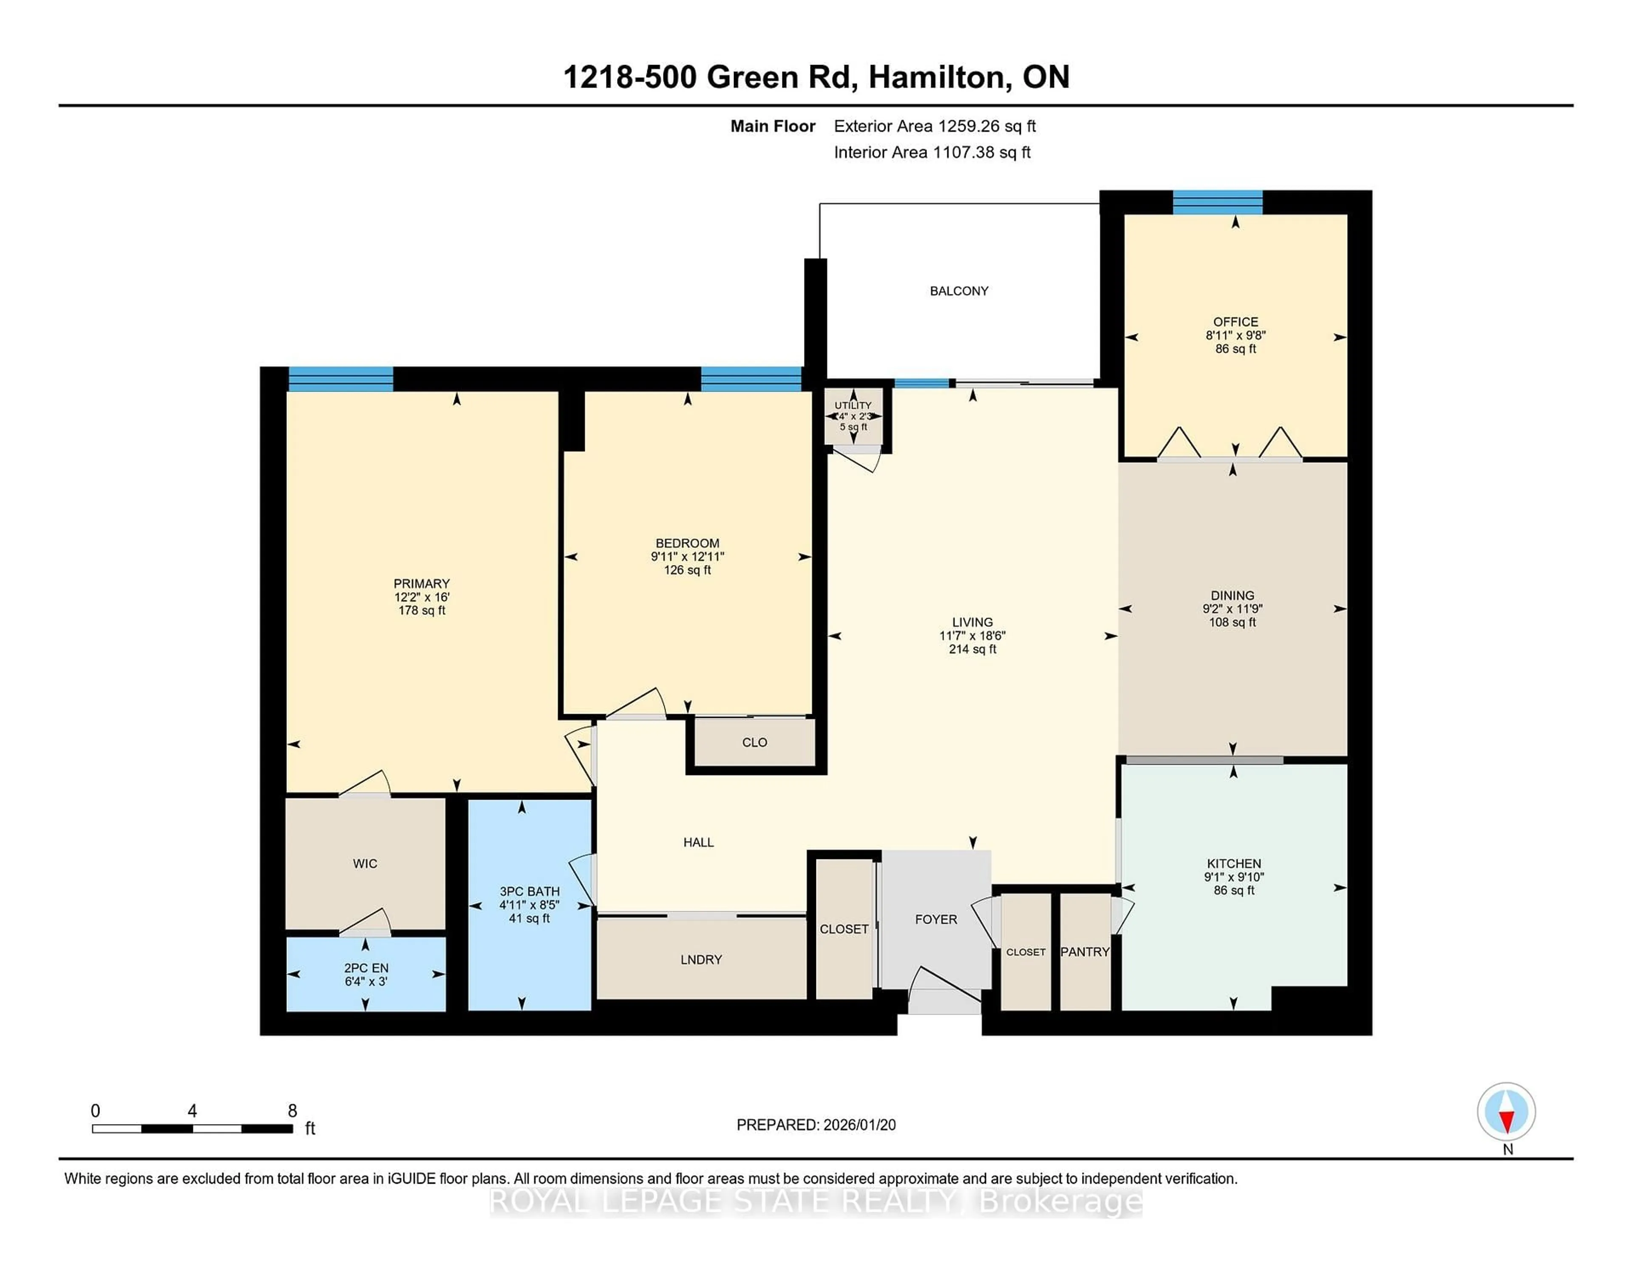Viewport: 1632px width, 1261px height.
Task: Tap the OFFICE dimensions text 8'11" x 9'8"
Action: pyautogui.click(x=1235, y=335)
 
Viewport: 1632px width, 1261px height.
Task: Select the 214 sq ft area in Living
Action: pyautogui.click(x=972, y=649)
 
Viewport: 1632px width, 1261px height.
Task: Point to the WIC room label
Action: pyautogui.click(x=365, y=864)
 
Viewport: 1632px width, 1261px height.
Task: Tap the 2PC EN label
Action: pyautogui.click(x=366, y=967)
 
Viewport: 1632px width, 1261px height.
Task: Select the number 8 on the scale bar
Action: pyautogui.click(x=292, y=1111)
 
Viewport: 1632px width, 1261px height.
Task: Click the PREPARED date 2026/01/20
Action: pyautogui.click(x=858, y=1125)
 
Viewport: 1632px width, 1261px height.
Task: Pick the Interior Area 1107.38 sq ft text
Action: pyautogui.click(x=932, y=153)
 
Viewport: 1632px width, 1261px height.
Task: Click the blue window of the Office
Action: pyautogui.click(x=1217, y=202)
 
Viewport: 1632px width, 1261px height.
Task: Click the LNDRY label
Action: pyautogui.click(x=701, y=960)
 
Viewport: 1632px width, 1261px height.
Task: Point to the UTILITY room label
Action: pyautogui.click(x=853, y=405)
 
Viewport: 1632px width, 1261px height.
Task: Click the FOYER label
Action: pyautogui.click(x=935, y=919)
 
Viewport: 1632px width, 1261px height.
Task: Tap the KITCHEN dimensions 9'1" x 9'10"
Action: pyautogui.click(x=1234, y=877)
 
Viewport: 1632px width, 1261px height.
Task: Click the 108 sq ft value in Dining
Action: pyautogui.click(x=1232, y=622)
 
